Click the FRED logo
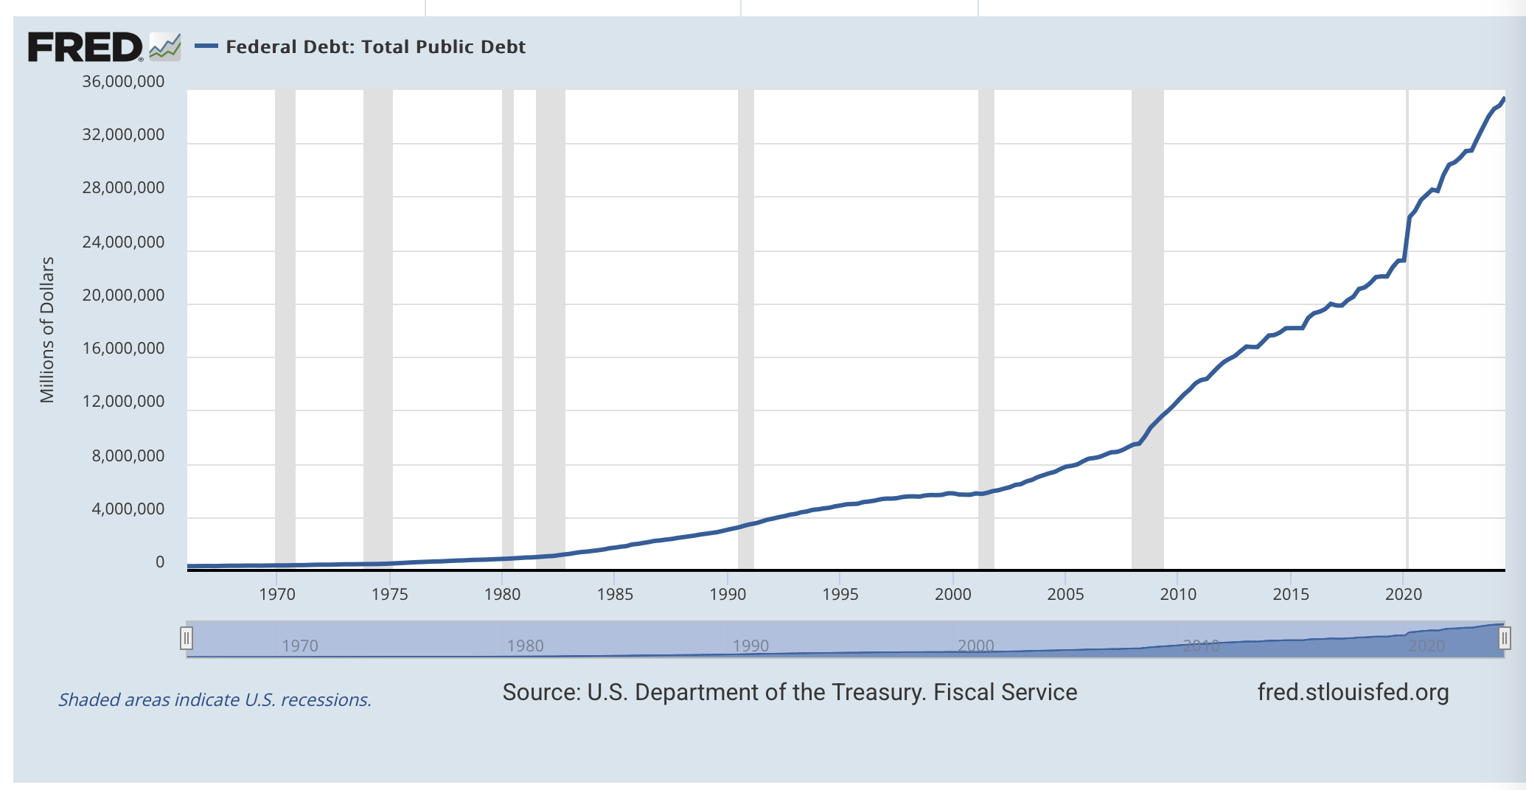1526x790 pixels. point(85,47)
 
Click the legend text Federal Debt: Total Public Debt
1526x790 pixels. point(375,47)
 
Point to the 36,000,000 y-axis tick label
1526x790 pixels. point(123,82)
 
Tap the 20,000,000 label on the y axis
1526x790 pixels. point(123,296)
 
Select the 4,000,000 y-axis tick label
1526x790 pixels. point(128,509)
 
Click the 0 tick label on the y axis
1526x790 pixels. point(160,562)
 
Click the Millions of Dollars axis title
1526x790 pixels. point(47,329)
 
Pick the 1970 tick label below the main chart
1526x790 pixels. point(277,595)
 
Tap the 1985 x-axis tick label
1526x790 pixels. point(615,595)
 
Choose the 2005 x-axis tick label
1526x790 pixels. point(1065,595)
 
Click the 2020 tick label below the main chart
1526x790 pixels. point(1403,595)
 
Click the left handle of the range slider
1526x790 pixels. point(187,638)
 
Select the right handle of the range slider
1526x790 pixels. point(1504,638)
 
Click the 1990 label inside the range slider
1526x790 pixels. point(750,646)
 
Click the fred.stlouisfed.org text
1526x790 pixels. point(1353,693)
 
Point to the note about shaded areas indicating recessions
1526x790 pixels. point(215,699)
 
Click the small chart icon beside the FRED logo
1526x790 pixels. point(164,46)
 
